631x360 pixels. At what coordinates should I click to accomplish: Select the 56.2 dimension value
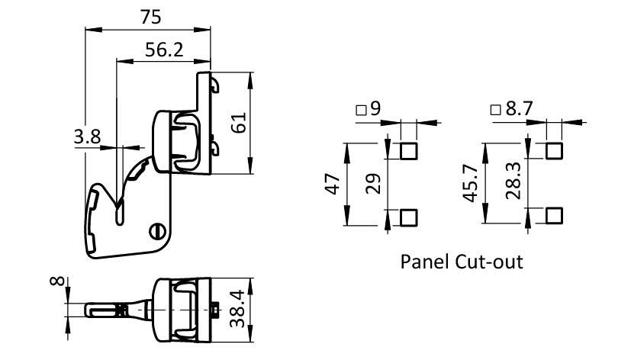[163, 50]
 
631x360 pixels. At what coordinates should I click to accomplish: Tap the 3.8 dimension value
[87, 137]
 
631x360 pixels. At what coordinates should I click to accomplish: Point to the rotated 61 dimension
[239, 122]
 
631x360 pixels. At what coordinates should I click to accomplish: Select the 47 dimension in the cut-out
[333, 184]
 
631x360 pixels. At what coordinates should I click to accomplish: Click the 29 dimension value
[373, 184]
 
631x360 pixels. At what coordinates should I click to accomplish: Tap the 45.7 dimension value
[472, 184]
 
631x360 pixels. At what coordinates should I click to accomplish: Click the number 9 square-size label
[375, 109]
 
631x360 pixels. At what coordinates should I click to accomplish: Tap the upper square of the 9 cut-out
[409, 150]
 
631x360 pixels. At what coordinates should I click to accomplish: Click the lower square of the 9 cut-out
[409, 217]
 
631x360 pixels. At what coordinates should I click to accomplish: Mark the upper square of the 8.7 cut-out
[555, 150]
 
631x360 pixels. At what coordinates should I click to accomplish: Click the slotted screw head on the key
[158, 227]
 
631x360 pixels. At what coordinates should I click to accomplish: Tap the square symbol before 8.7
[496, 110]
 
